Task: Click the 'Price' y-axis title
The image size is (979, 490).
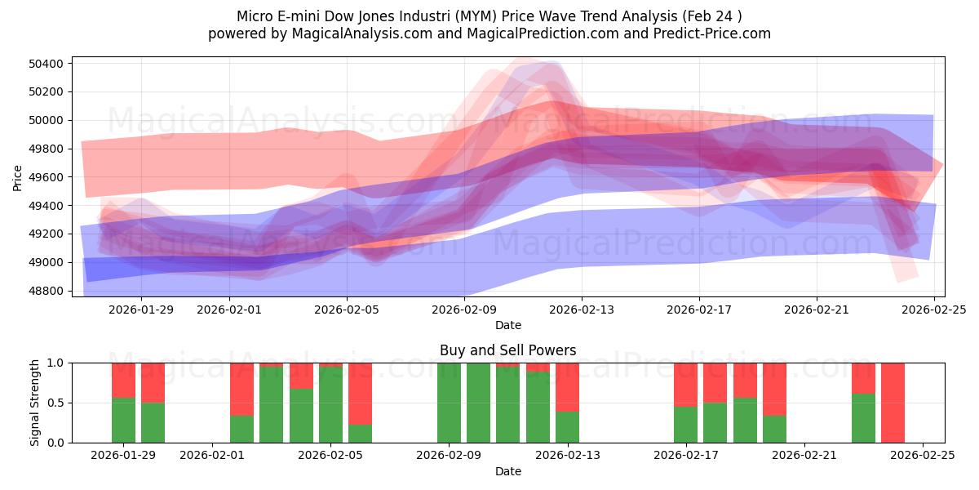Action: (x=18, y=177)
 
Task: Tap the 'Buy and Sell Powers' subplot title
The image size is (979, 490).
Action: (x=507, y=350)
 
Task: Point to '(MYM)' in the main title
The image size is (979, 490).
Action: (x=463, y=16)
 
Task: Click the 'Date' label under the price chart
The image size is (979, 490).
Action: (x=507, y=325)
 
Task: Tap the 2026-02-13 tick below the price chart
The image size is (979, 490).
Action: (x=582, y=310)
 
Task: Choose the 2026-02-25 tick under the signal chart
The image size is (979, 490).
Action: (x=923, y=456)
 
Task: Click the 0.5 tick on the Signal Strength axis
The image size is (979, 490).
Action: (x=57, y=403)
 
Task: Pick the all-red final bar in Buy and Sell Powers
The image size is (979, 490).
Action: (x=893, y=403)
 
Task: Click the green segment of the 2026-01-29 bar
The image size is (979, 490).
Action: (x=123, y=421)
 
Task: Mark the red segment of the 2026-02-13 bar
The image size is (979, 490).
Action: (x=567, y=387)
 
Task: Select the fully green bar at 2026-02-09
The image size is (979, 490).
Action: (x=449, y=403)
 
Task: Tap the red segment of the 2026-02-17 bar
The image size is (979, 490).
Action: (x=685, y=385)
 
